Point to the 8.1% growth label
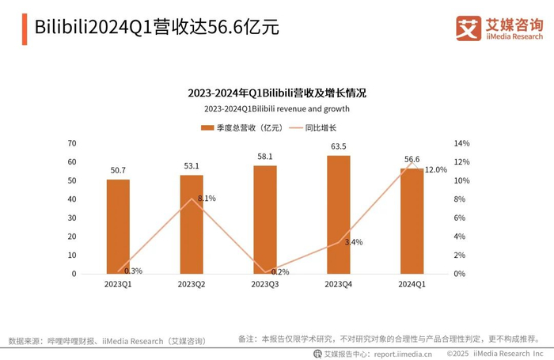pos(207,198)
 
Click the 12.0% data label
pos(436,170)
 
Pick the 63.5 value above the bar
pos(339,146)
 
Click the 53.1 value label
pos(192,166)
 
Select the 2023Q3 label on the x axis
pos(265,284)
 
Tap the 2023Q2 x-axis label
pos(192,284)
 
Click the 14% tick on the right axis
pos(461,143)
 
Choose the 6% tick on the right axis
pos(459,218)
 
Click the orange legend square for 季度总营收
pos(207,127)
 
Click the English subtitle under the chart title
pos(276,109)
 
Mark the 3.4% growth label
pos(354,242)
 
